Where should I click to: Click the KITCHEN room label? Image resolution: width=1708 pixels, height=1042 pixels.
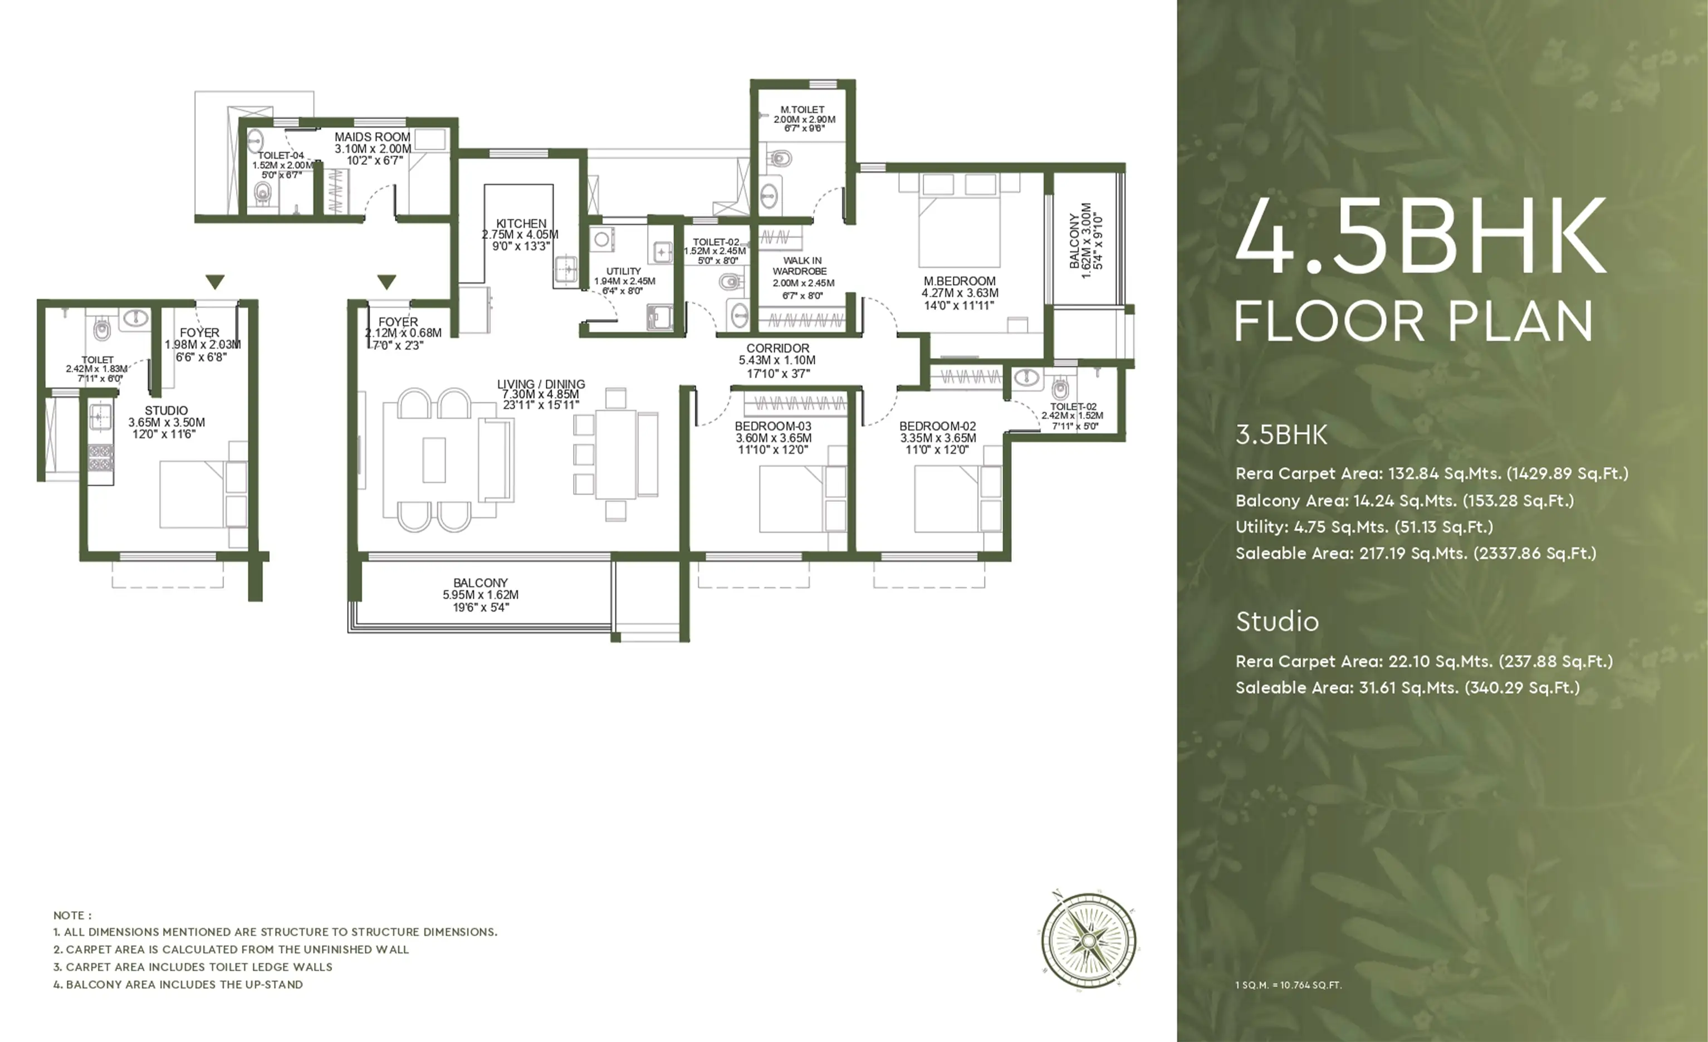tap(521, 224)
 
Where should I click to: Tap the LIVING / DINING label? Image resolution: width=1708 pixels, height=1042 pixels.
tap(541, 384)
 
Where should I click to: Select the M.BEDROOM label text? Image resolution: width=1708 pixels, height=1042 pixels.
tap(960, 281)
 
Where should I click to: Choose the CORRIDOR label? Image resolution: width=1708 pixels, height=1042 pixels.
tap(778, 348)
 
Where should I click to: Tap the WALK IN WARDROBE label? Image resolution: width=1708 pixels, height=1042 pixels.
tap(801, 266)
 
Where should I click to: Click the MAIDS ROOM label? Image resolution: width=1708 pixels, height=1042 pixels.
tap(372, 137)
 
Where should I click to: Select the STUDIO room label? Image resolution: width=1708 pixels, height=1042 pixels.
tap(167, 410)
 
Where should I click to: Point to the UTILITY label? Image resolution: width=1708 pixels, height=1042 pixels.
tap(624, 271)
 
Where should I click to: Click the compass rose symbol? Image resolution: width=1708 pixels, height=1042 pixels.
tap(1088, 940)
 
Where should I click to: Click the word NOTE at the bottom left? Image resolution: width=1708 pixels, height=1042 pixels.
tap(68, 915)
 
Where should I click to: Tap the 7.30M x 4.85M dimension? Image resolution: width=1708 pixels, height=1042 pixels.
tap(541, 394)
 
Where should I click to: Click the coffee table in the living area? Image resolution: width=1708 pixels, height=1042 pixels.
tap(434, 459)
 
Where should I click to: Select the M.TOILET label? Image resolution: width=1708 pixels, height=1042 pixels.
tap(802, 110)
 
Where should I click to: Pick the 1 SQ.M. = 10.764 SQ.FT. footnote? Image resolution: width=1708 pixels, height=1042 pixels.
tap(1289, 985)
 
